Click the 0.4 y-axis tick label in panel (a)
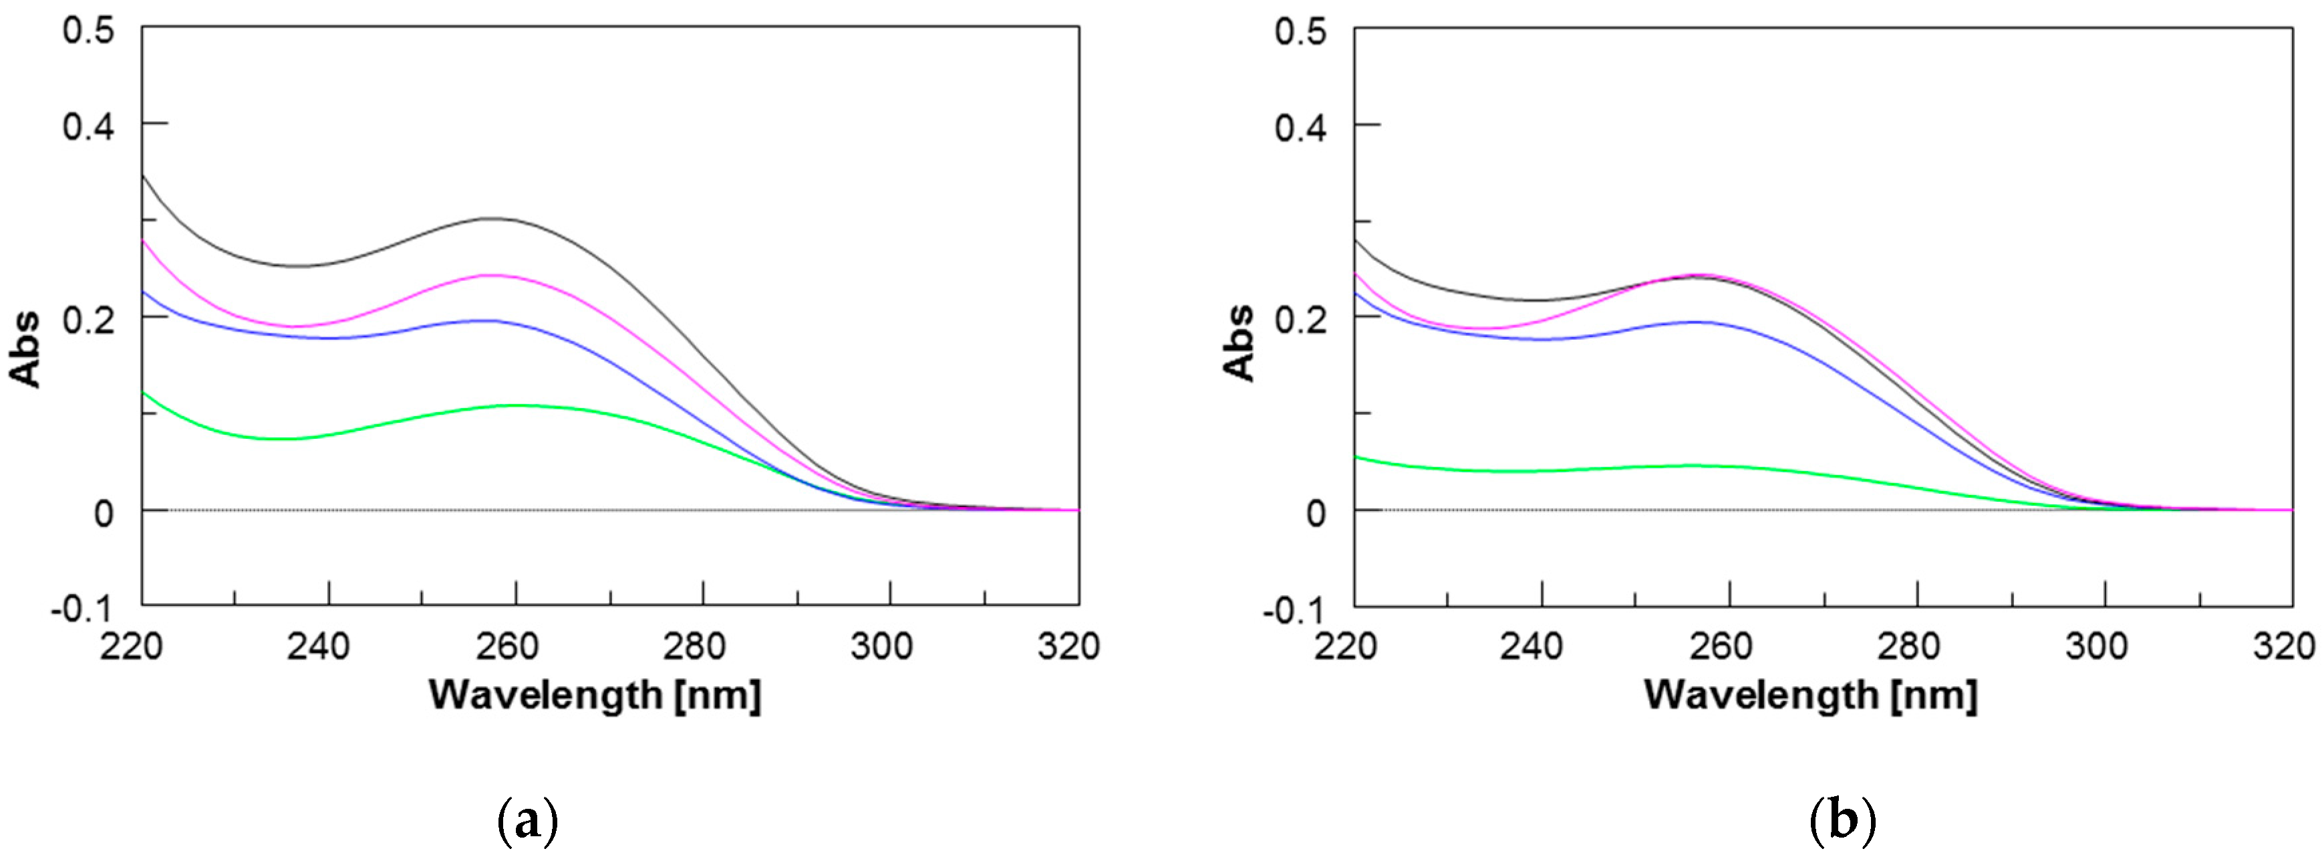tap(88, 125)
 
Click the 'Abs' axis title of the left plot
tap(25, 349)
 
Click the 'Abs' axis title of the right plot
tap(1239, 344)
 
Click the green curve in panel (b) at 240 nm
tap(1542, 470)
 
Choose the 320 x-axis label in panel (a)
tap(1069, 647)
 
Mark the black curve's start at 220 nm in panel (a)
tap(143, 175)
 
